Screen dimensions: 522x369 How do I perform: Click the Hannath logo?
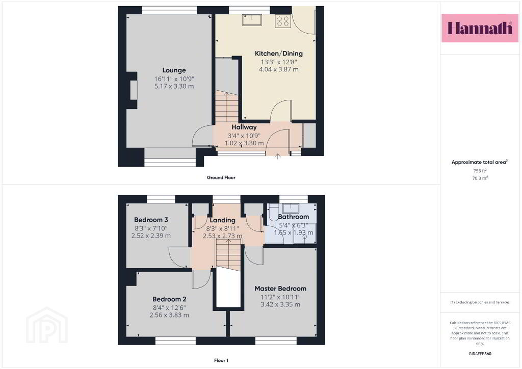(480, 28)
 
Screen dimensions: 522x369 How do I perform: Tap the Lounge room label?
(174, 70)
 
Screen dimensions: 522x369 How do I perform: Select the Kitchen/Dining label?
(279, 53)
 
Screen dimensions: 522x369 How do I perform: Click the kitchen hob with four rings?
(282, 20)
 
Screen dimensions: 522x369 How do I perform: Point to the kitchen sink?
(252, 20)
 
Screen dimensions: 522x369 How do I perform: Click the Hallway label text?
(244, 127)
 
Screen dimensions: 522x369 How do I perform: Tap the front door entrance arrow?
(278, 156)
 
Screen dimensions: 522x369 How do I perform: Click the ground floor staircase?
(227, 107)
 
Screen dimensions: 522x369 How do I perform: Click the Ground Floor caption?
(221, 177)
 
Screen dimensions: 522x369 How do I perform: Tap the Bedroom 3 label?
(151, 220)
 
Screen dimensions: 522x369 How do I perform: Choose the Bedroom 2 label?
(169, 299)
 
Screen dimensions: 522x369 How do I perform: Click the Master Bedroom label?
(280, 288)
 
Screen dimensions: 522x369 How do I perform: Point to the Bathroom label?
(293, 217)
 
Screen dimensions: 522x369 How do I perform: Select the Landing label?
(222, 220)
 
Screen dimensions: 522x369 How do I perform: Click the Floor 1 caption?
(221, 360)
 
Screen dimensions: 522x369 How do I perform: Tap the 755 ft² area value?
(480, 170)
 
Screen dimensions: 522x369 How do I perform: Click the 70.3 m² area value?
(480, 178)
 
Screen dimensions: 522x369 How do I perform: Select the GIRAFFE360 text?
(480, 354)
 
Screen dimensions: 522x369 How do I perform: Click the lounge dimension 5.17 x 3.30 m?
(174, 86)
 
